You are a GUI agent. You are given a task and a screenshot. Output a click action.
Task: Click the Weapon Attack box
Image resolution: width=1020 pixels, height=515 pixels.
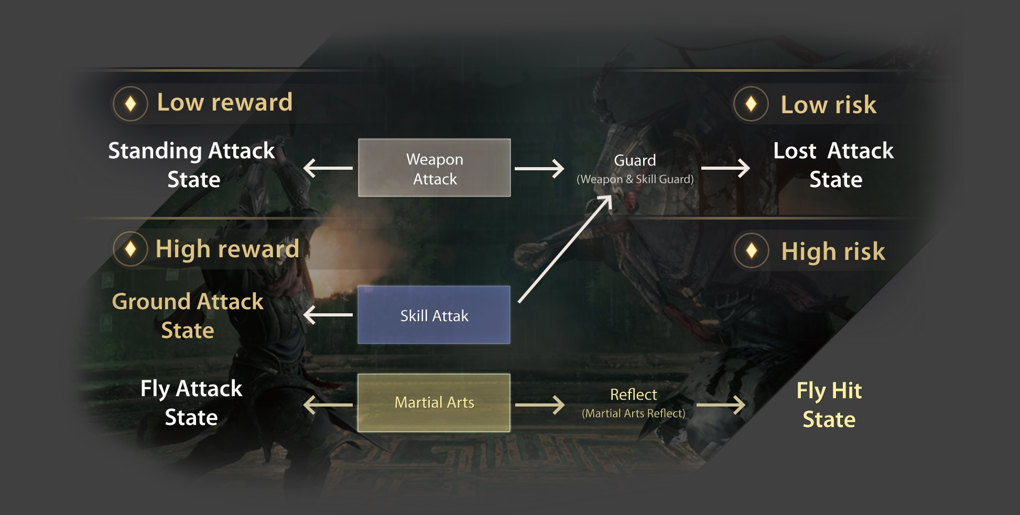(x=434, y=168)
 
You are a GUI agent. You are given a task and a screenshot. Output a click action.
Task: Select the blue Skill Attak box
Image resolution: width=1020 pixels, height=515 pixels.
(x=434, y=315)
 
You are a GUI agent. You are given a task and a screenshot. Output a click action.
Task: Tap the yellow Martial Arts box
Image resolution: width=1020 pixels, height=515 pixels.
(x=434, y=402)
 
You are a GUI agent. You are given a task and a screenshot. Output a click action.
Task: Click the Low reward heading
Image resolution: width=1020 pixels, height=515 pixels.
(x=225, y=102)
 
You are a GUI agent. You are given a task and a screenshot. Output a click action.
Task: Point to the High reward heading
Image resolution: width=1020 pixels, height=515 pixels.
(x=227, y=249)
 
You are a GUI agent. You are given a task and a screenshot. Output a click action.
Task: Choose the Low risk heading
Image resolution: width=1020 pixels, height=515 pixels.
(x=828, y=104)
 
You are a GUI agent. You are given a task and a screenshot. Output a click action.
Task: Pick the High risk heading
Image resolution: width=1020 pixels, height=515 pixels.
(x=833, y=251)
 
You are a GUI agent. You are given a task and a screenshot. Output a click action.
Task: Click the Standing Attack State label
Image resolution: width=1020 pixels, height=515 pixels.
(x=192, y=165)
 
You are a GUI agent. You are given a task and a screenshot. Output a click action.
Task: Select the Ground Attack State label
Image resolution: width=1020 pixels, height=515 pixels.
(x=188, y=316)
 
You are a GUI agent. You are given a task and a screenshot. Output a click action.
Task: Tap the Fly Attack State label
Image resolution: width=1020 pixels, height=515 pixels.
(x=191, y=403)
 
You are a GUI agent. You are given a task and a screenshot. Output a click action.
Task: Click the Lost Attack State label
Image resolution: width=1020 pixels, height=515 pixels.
(x=834, y=165)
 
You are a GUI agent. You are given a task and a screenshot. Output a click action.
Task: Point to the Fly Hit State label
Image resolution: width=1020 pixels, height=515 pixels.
(x=829, y=405)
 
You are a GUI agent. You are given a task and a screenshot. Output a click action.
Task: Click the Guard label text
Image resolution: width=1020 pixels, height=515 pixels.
(x=635, y=160)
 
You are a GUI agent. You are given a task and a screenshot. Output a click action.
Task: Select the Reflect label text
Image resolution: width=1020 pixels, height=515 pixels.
(x=633, y=395)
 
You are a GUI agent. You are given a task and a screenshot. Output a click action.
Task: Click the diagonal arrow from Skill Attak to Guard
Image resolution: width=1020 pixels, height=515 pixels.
(x=565, y=249)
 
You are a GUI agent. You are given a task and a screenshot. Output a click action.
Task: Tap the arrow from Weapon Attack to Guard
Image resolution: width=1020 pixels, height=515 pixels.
(x=539, y=169)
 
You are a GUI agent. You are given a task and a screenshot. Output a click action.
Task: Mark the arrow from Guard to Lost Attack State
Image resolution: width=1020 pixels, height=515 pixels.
(x=725, y=168)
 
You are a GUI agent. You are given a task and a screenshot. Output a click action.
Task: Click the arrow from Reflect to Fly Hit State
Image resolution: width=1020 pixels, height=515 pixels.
(x=721, y=405)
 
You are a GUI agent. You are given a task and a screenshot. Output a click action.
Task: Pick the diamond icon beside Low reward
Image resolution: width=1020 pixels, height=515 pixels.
(x=131, y=104)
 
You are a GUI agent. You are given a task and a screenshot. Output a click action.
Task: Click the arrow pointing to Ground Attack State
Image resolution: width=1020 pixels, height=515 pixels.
(x=328, y=315)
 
